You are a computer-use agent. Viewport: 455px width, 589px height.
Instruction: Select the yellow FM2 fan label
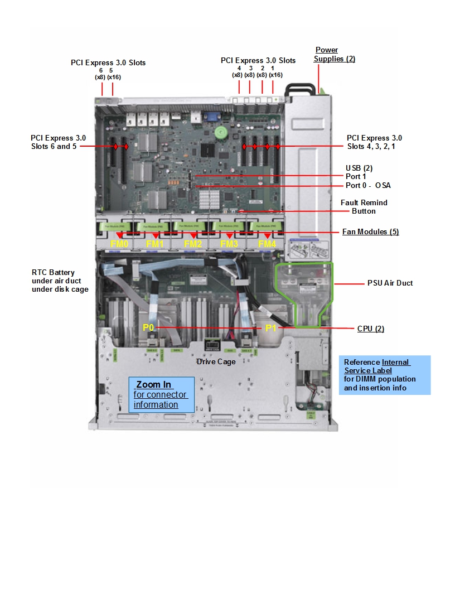pos(192,244)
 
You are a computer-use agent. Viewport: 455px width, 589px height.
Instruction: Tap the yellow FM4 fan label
pos(267,244)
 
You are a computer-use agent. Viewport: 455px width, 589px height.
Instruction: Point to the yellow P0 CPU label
pos(148,327)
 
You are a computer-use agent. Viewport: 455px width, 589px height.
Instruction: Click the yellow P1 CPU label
pos(270,328)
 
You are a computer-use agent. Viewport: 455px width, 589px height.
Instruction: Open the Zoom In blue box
pos(162,394)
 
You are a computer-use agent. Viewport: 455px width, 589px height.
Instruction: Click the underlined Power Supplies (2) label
pos(334,55)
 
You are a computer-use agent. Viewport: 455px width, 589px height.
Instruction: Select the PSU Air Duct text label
pos(390,283)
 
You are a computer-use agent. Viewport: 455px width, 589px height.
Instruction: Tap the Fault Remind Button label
pos(364,207)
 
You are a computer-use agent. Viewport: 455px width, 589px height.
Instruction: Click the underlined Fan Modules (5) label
pos(370,232)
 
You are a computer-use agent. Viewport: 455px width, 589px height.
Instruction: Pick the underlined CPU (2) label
pos(370,329)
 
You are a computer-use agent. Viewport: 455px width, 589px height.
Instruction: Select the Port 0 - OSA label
pos(368,186)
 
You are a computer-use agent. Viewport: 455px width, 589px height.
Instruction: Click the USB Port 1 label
pos(356,176)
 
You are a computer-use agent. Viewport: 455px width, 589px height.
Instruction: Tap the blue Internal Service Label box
pos(384,375)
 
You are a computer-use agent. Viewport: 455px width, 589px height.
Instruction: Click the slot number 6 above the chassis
pos(101,70)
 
